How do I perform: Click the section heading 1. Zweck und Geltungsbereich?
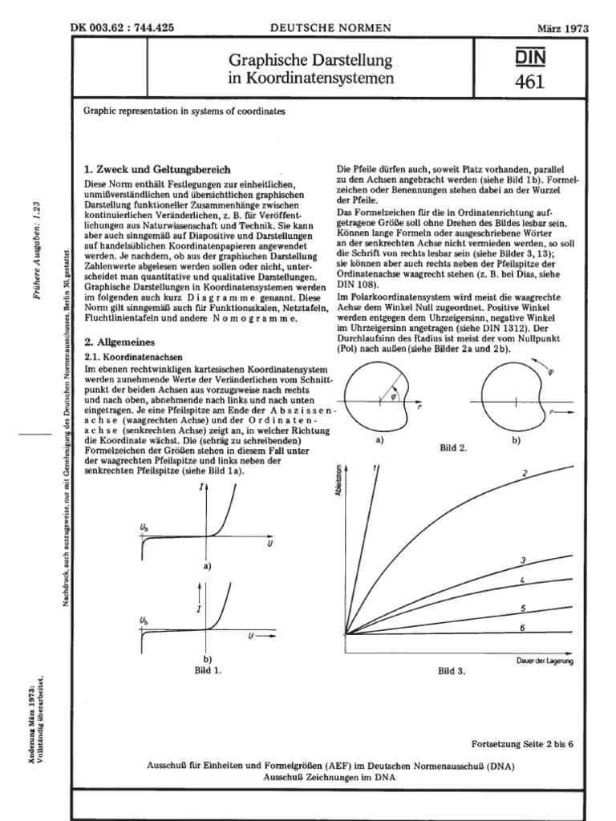[157, 170]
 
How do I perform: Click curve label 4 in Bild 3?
[522, 579]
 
